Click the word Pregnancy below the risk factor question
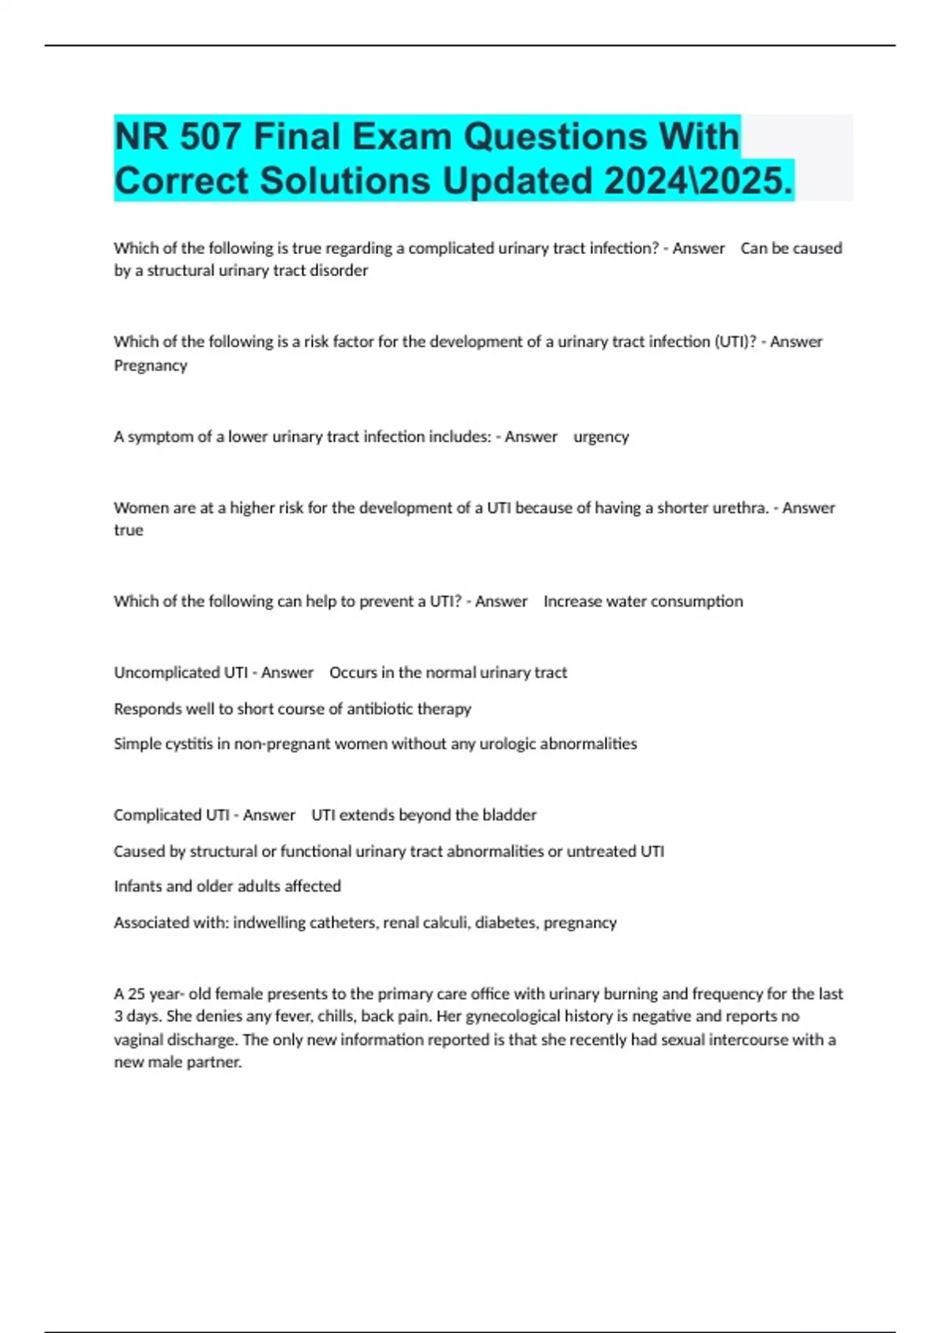click(151, 365)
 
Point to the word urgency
click(601, 437)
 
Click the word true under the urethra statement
click(129, 530)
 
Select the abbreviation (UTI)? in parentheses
click(735, 342)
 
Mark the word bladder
click(510, 815)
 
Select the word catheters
click(344, 923)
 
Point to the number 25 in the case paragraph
click(136, 994)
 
